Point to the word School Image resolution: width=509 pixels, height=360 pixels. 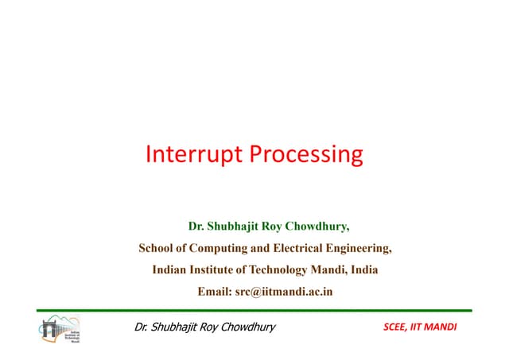(157, 248)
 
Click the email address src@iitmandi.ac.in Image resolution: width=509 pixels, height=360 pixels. (284, 292)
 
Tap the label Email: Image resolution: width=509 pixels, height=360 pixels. (214, 292)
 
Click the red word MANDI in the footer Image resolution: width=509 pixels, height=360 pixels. (452, 327)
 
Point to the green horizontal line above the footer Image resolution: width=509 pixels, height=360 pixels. (254, 310)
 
